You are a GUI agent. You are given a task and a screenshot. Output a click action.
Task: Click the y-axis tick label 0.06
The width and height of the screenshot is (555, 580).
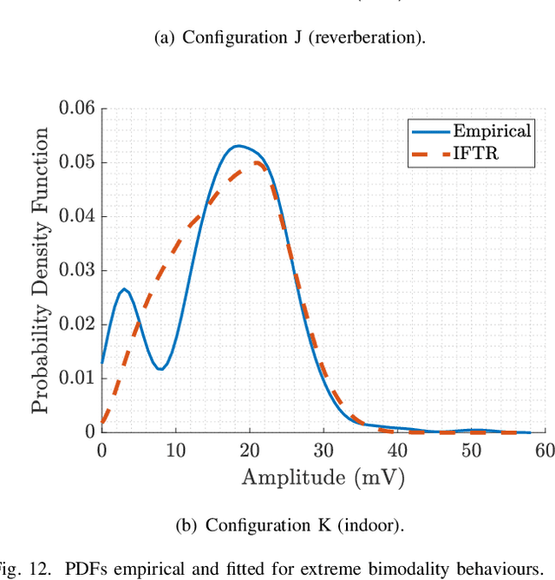click(75, 109)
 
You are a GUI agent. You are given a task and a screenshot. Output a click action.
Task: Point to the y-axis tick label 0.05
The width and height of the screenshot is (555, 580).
click(75, 162)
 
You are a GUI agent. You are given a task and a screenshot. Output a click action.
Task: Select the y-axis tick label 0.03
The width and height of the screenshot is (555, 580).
click(75, 270)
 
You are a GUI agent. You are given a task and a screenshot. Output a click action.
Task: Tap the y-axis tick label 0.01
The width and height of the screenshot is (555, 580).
click(75, 378)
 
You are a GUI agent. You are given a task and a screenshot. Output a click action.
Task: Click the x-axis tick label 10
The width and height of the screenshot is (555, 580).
click(175, 451)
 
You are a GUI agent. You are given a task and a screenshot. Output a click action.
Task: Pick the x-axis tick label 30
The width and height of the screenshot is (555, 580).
click(323, 451)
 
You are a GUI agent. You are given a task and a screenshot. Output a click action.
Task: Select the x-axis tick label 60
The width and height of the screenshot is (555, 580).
click(545, 451)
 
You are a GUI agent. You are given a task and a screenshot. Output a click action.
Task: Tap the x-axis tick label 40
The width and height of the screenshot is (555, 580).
click(397, 451)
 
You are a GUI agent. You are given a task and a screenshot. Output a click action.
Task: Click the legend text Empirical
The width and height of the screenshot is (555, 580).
click(492, 130)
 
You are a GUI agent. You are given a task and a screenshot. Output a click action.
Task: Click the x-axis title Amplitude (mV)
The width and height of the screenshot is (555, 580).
click(323, 478)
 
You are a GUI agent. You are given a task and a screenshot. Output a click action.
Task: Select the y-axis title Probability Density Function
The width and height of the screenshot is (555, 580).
click(41, 270)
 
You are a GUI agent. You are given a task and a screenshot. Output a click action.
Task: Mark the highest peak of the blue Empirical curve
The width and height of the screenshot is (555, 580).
click(238, 146)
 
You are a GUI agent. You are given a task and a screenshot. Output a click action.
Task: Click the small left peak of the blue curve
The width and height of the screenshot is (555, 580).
click(124, 289)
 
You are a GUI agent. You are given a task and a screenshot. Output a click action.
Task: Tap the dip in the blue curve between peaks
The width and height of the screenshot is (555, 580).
click(160, 369)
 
